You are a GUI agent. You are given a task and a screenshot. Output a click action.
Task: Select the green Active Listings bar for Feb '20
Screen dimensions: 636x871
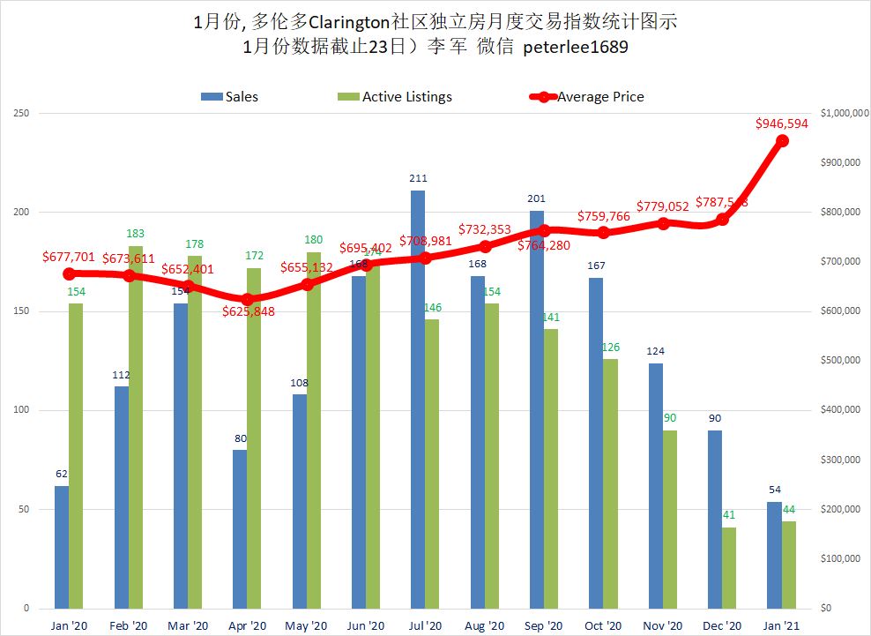[x=136, y=427]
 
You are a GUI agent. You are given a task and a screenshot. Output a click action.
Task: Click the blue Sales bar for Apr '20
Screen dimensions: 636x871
[x=240, y=529]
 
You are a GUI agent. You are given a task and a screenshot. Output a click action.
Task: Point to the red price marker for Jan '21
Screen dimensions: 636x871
[x=782, y=141]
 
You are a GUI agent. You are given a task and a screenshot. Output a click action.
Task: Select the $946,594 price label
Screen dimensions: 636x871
[x=782, y=123]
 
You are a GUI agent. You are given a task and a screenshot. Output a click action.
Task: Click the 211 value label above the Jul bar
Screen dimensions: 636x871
[x=418, y=178]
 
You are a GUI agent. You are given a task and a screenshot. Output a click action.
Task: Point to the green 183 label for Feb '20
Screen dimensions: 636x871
[x=136, y=234]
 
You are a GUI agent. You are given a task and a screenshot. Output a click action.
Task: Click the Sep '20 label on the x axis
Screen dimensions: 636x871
[x=544, y=625]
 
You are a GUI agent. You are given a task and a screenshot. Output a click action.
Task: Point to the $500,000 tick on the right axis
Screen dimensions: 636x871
[x=841, y=361]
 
